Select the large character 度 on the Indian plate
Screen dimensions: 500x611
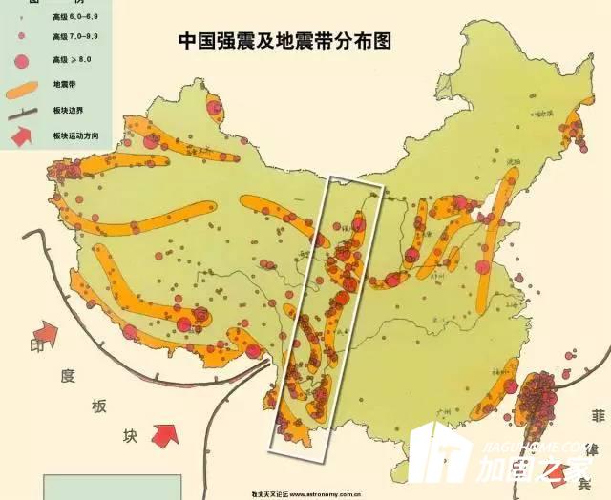pos(67,374)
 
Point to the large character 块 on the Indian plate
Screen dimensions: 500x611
pos(131,435)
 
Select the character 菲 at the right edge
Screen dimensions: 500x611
pos(598,417)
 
